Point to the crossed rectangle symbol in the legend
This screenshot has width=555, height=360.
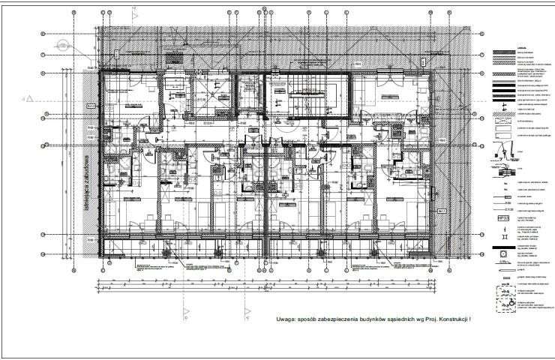(x=502, y=129)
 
